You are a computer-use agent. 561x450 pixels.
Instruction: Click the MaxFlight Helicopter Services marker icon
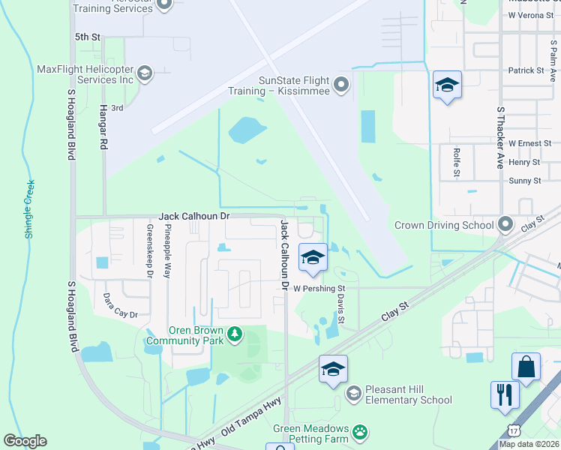pyautogui.click(x=144, y=73)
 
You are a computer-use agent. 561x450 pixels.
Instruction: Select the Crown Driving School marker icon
pyautogui.click(x=505, y=224)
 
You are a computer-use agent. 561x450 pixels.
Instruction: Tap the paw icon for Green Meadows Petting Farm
pyautogui.click(x=361, y=431)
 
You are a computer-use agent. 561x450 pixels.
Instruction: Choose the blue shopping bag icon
pyautogui.click(x=526, y=367)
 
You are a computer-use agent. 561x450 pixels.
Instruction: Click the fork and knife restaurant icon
pyautogui.click(x=505, y=394)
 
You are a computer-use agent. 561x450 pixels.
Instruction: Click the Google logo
pyautogui.click(x=25, y=441)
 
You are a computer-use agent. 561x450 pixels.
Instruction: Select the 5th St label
pyautogui.click(x=87, y=36)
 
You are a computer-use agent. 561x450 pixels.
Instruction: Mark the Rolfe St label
pyautogui.click(x=456, y=163)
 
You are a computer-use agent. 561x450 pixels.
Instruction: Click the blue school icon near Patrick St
pyautogui.click(x=446, y=85)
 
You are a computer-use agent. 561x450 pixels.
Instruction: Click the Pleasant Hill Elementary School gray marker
pyautogui.click(x=353, y=393)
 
